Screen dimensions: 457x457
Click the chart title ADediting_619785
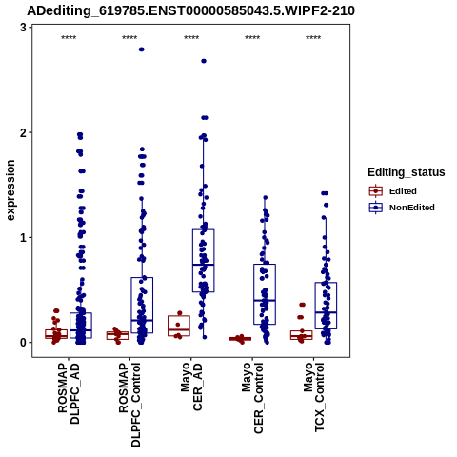pyautogui.click(x=190, y=11)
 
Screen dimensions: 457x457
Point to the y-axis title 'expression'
pyautogui.click(x=10, y=190)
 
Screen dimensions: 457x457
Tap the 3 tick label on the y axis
pyautogui.click(x=23, y=28)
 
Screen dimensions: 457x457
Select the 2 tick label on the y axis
pyautogui.click(x=23, y=132)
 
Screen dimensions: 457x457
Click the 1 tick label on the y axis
pyautogui.click(x=23, y=237)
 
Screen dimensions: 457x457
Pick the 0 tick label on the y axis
pyautogui.click(x=23, y=343)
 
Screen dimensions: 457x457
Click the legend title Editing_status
pyautogui.click(x=407, y=172)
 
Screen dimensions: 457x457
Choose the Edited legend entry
pyautogui.click(x=392, y=191)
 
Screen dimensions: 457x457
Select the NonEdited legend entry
pyautogui.click(x=402, y=208)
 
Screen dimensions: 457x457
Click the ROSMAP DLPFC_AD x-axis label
pyautogui.click(x=69, y=393)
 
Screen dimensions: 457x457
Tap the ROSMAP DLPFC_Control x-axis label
pyautogui.click(x=129, y=405)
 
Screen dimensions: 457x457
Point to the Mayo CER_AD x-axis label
pyautogui.click(x=191, y=387)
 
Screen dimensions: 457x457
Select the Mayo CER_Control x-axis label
pyautogui.click(x=252, y=398)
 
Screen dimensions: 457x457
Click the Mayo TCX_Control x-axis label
pyautogui.click(x=313, y=397)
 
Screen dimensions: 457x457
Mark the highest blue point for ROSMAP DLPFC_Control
pyautogui.click(x=142, y=50)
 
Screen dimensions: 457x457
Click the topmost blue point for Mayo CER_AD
pyautogui.click(x=204, y=61)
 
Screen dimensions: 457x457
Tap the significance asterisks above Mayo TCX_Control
pyautogui.click(x=313, y=38)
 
